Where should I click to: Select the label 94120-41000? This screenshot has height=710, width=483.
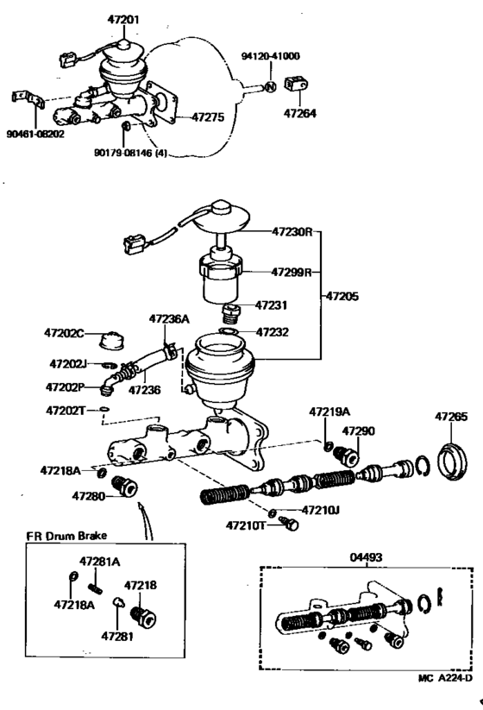click(x=270, y=56)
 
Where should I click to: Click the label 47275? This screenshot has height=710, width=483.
click(x=207, y=116)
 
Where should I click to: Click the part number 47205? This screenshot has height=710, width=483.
click(x=343, y=295)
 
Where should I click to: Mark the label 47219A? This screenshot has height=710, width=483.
click(x=328, y=413)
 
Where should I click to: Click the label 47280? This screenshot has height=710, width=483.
click(x=88, y=497)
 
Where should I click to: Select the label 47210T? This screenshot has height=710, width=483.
click(x=246, y=525)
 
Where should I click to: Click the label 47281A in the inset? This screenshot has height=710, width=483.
click(x=100, y=562)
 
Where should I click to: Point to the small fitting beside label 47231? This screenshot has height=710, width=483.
click(x=229, y=309)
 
